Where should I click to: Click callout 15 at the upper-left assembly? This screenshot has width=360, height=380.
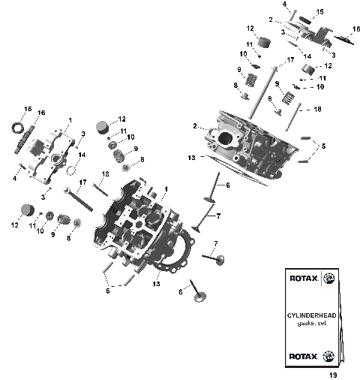(27, 109)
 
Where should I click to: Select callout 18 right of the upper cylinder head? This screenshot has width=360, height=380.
(317, 109)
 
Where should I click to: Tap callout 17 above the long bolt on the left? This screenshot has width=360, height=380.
(82, 182)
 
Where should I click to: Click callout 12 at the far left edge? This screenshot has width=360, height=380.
(13, 224)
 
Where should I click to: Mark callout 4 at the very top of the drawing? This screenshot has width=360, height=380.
(284, 5)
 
